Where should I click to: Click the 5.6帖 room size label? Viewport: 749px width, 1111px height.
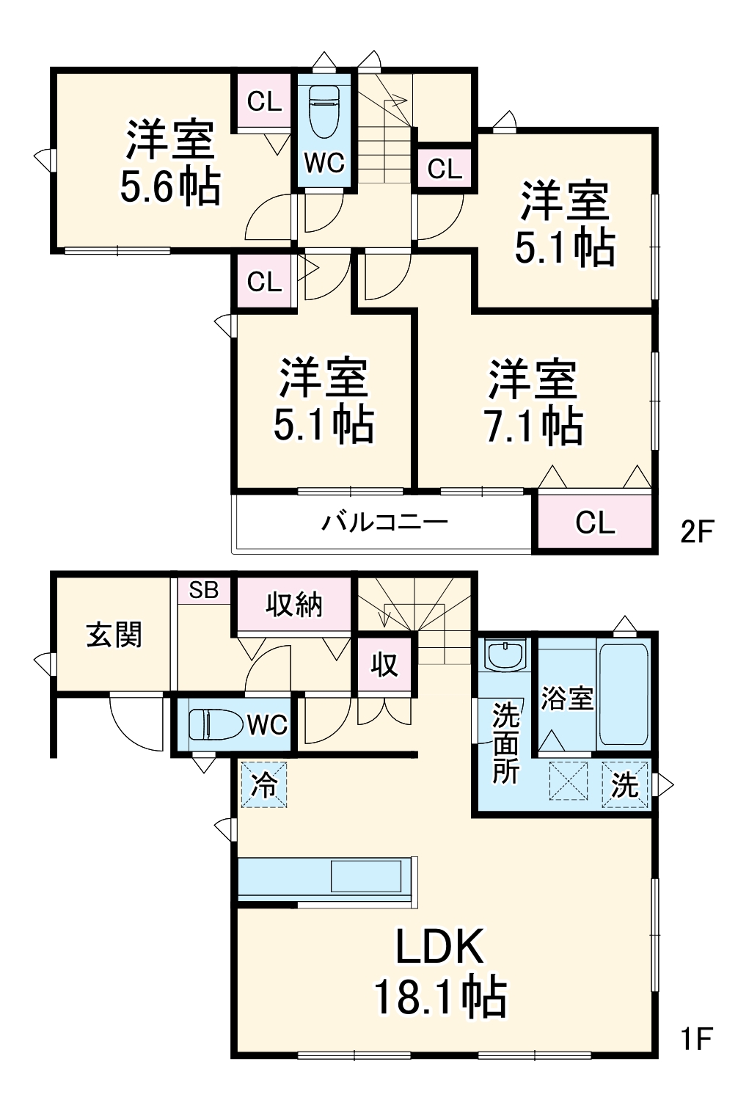[x=170, y=187]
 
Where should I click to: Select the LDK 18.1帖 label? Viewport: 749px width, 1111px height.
[x=440, y=972]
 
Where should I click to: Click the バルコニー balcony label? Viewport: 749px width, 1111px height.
[x=385, y=522]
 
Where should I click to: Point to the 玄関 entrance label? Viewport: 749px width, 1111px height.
[x=114, y=635]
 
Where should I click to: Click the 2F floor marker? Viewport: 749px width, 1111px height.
[x=696, y=531]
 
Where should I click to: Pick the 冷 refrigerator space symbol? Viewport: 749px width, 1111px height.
[x=264, y=784]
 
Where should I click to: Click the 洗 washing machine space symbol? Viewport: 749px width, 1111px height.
[x=626, y=784]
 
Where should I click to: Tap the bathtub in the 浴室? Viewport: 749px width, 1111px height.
[x=624, y=694]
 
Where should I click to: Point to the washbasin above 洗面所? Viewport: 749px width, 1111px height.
[x=505, y=655]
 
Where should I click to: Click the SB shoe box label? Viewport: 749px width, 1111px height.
[x=204, y=590]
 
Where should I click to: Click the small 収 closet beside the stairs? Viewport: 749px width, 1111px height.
[x=384, y=665]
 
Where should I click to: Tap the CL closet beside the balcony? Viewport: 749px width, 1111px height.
[x=595, y=522]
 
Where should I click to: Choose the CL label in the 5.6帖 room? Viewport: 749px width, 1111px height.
[x=264, y=101]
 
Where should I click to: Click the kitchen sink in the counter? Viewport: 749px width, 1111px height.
[x=365, y=876]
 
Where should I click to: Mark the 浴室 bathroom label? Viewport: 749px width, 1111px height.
[x=567, y=699]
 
